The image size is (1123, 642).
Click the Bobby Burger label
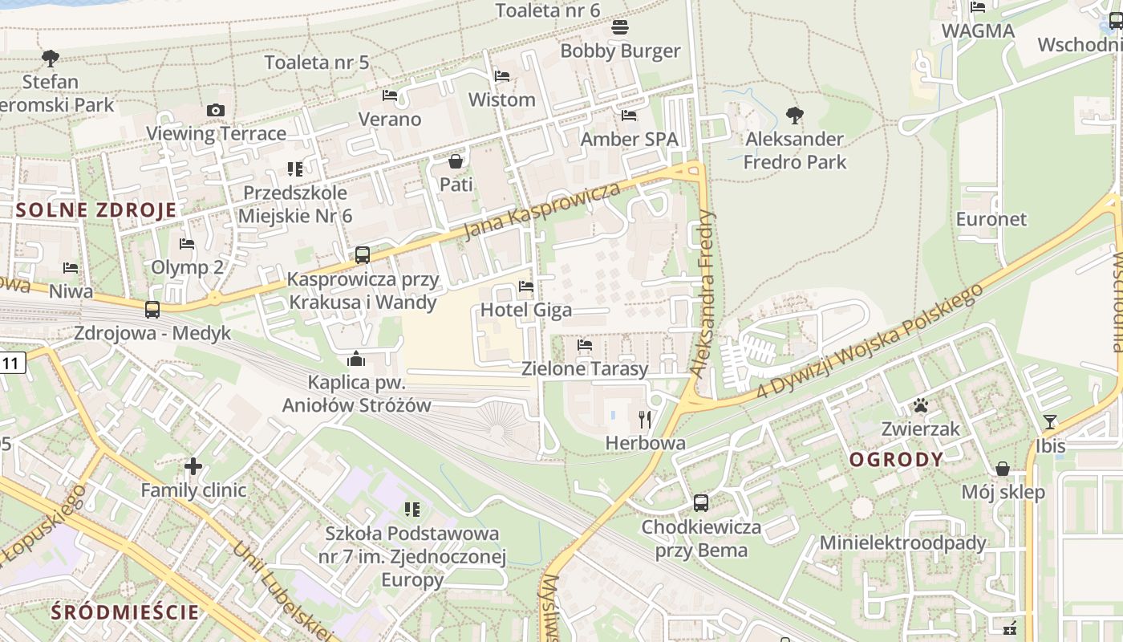tap(620, 51)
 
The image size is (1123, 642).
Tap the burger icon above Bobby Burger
tap(619, 27)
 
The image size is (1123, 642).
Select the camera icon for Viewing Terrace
tap(215, 110)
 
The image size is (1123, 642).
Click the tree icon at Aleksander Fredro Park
tap(794, 116)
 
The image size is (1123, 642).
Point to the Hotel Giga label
tap(526, 310)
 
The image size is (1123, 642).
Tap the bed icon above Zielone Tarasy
tap(585, 345)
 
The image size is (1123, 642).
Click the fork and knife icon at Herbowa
tap(645, 419)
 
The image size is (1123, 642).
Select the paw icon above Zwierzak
tap(920, 405)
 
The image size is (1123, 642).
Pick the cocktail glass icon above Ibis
tap(1049, 422)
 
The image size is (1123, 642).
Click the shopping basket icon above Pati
tap(456, 161)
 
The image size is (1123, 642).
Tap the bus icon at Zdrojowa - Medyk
tap(152, 309)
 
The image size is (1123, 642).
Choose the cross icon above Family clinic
tap(193, 465)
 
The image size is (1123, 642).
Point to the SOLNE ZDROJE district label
tap(95, 211)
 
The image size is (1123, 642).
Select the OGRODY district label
tap(896, 460)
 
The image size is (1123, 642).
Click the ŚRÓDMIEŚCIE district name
tap(124, 612)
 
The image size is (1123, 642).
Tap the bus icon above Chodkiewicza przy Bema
tap(700, 503)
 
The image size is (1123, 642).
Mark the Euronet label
tap(991, 219)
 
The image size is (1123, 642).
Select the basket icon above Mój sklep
tap(1003, 469)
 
